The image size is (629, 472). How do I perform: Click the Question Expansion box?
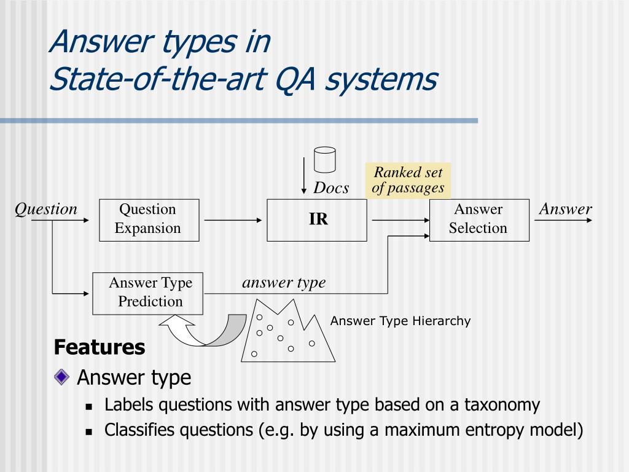click(149, 219)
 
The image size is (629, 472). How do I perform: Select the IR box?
click(317, 219)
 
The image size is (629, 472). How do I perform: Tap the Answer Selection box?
click(479, 219)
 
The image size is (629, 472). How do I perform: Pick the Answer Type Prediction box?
click(147, 293)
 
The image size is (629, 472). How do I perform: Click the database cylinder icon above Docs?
click(324, 159)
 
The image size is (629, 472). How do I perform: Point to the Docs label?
click(331, 188)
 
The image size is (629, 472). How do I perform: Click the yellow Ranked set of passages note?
click(408, 180)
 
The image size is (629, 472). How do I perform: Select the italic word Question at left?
click(46, 209)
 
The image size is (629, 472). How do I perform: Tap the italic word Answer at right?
click(565, 209)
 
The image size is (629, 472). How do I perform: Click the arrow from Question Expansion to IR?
click(233, 219)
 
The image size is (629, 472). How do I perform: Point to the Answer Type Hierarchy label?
click(400, 321)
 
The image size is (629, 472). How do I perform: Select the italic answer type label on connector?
click(284, 283)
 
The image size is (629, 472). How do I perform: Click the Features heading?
click(100, 347)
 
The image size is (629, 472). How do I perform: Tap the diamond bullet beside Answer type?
click(62, 377)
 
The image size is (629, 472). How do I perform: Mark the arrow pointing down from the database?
click(304, 175)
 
